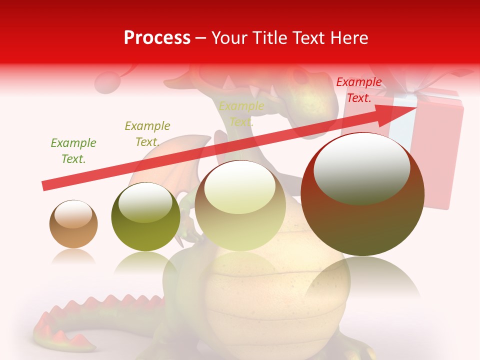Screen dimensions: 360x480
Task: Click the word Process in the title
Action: point(157,38)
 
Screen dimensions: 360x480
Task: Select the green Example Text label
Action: point(73,151)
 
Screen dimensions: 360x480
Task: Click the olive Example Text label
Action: point(147,134)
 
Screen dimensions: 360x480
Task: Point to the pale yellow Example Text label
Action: point(241,114)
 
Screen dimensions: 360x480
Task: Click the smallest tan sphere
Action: point(73,224)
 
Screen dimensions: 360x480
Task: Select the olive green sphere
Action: point(145,216)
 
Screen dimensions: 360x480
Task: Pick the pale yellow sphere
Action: point(240,206)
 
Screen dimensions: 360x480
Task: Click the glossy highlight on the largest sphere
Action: point(361,167)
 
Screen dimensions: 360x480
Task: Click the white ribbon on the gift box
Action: point(400,125)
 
